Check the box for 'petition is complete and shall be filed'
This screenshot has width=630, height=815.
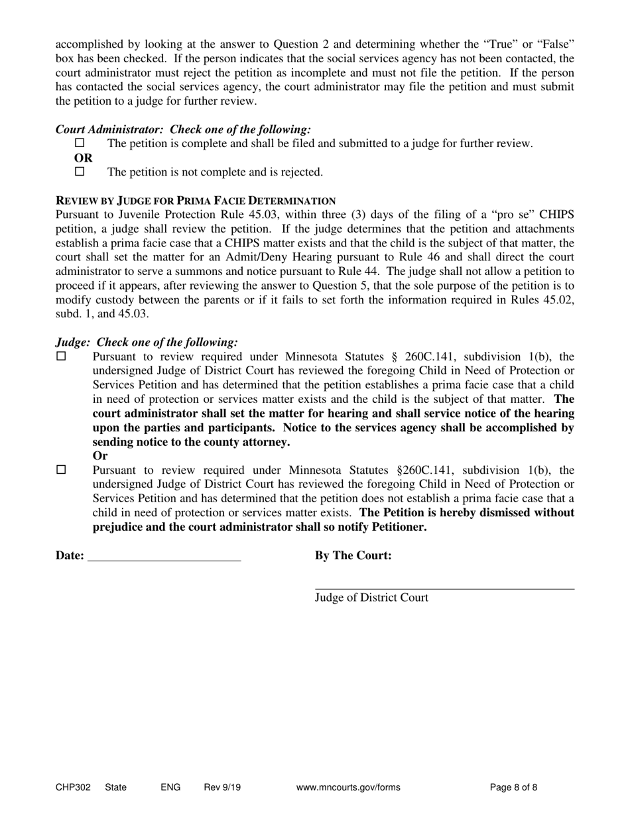pos(80,143)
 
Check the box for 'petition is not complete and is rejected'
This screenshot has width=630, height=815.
pos(80,172)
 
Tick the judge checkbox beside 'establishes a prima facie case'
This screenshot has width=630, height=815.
pos(62,356)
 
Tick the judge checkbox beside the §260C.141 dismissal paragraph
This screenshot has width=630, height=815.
pos(62,470)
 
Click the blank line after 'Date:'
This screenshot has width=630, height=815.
pos(164,557)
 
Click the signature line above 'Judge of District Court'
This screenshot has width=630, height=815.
pos(444,585)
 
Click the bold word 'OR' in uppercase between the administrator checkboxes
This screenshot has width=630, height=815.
pos(84,158)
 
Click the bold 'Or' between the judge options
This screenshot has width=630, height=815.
pos(100,456)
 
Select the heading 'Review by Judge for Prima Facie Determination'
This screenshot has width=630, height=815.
pos(196,201)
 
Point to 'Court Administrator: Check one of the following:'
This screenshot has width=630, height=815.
pos(183,130)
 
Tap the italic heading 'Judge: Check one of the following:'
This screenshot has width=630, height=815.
pos(147,343)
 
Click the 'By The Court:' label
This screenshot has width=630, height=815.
pos(353,556)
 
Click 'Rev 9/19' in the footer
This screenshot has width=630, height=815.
pos(222,788)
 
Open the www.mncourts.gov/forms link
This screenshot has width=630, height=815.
pos(348,788)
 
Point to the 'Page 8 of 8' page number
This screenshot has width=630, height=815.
pos(513,788)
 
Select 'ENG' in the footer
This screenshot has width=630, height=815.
pos(170,788)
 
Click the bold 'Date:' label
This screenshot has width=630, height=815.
pos(70,556)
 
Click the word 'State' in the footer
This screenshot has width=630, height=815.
pos(115,788)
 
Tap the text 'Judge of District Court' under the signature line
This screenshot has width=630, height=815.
pos(371,598)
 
